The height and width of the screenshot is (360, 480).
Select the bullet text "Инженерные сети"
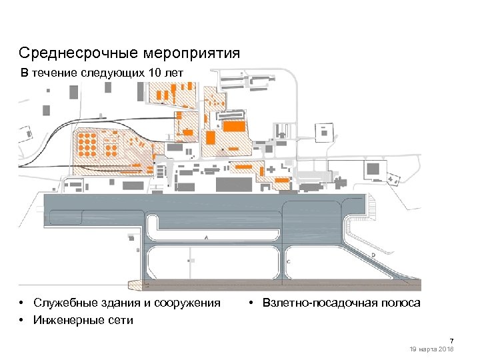pos(83,320)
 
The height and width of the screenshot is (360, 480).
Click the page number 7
pos(451,341)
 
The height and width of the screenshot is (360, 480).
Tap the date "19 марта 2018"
pos(433,349)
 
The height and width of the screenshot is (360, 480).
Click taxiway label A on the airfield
pos(207,237)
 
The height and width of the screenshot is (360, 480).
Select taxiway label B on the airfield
pos(137,250)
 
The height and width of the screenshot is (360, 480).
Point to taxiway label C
pos(288,262)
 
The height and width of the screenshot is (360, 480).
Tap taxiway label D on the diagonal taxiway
pos(373,255)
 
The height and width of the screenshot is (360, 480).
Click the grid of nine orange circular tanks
pos(87,142)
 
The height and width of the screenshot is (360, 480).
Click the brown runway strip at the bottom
pos(280,285)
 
